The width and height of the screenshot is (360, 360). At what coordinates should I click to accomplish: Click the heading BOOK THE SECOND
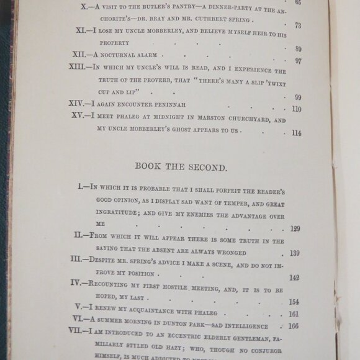181,168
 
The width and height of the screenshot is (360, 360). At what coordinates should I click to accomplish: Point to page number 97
297,61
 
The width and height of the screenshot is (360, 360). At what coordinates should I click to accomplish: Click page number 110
296,109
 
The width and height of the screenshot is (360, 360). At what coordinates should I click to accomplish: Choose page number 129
294,229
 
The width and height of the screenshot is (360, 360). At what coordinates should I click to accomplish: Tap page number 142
294,277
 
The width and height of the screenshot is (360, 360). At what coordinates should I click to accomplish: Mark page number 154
294,302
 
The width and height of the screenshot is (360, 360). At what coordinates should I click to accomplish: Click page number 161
294,314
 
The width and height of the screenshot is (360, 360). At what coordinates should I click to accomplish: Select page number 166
294,326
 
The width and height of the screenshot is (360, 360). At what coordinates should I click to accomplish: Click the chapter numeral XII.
79,55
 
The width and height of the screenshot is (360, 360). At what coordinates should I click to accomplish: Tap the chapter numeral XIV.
78,104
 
